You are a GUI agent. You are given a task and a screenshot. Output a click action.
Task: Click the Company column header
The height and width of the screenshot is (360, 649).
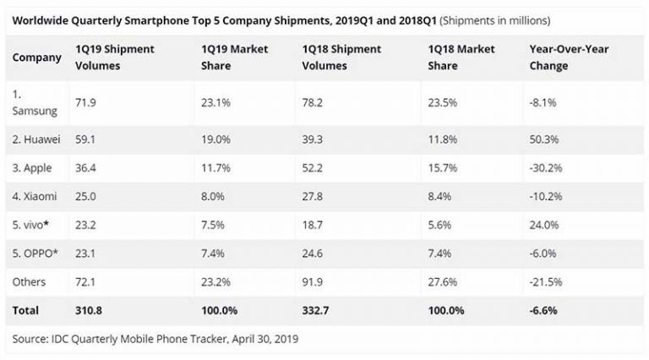[37, 57]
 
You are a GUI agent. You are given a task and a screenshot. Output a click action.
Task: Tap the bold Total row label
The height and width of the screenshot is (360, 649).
[26, 310]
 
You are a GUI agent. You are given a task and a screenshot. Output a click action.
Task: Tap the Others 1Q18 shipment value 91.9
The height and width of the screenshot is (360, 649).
[314, 281]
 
